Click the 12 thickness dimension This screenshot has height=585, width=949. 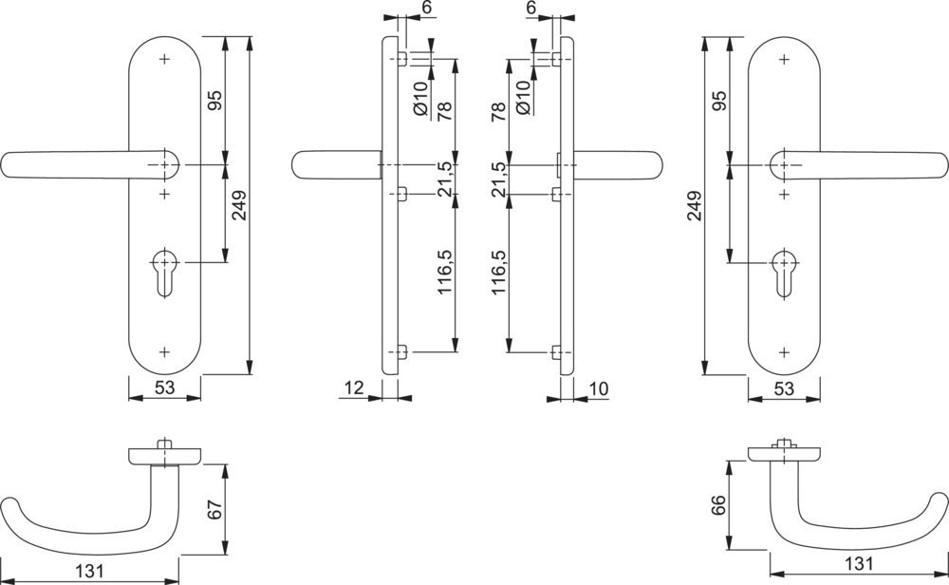pos(354,387)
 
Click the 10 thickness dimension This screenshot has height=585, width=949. pos(599,387)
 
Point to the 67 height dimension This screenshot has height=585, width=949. pos(214,509)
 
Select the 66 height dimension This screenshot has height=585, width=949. pos(717,503)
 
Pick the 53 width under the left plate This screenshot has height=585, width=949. pos(164,387)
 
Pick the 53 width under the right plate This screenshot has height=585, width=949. pos(784,387)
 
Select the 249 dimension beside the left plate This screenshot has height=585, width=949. pos(238,205)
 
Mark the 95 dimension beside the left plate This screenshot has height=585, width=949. pos(214,101)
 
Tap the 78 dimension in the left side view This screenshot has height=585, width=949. pos(443,110)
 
